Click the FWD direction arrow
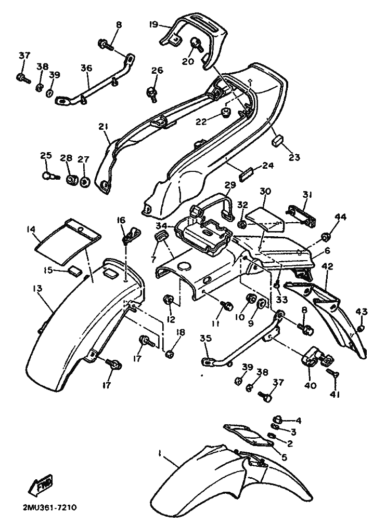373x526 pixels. pos(41,485)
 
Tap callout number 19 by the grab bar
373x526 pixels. pos(153,24)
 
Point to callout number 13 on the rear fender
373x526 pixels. pos(37,288)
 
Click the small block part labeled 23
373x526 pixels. pos(276,141)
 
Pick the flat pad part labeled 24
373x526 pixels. pos(247,175)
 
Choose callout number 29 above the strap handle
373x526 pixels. pos(230,185)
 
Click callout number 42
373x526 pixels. pos(327,266)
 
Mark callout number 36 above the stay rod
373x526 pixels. pos(86,68)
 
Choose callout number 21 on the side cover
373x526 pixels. pos(104,126)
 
